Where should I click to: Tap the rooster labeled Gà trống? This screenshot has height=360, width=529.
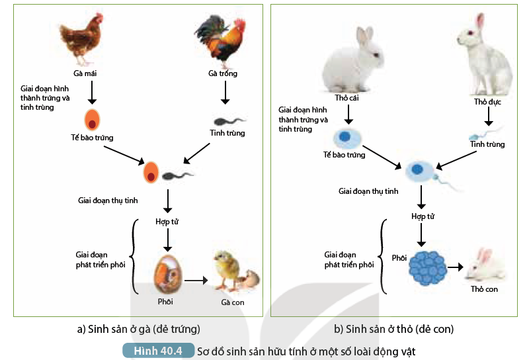[x=221, y=40]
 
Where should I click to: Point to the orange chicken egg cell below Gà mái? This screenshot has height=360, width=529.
[x=92, y=120]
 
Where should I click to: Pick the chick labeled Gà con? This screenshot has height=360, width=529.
[x=228, y=271]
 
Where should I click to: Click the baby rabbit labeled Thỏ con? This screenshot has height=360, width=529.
[x=484, y=265]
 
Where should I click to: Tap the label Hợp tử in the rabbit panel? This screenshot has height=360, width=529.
[x=422, y=216]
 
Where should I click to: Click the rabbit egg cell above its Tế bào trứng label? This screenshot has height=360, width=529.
[x=346, y=138]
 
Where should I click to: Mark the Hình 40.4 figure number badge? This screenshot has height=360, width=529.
[x=157, y=351]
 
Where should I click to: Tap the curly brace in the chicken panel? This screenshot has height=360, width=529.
[x=134, y=256]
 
